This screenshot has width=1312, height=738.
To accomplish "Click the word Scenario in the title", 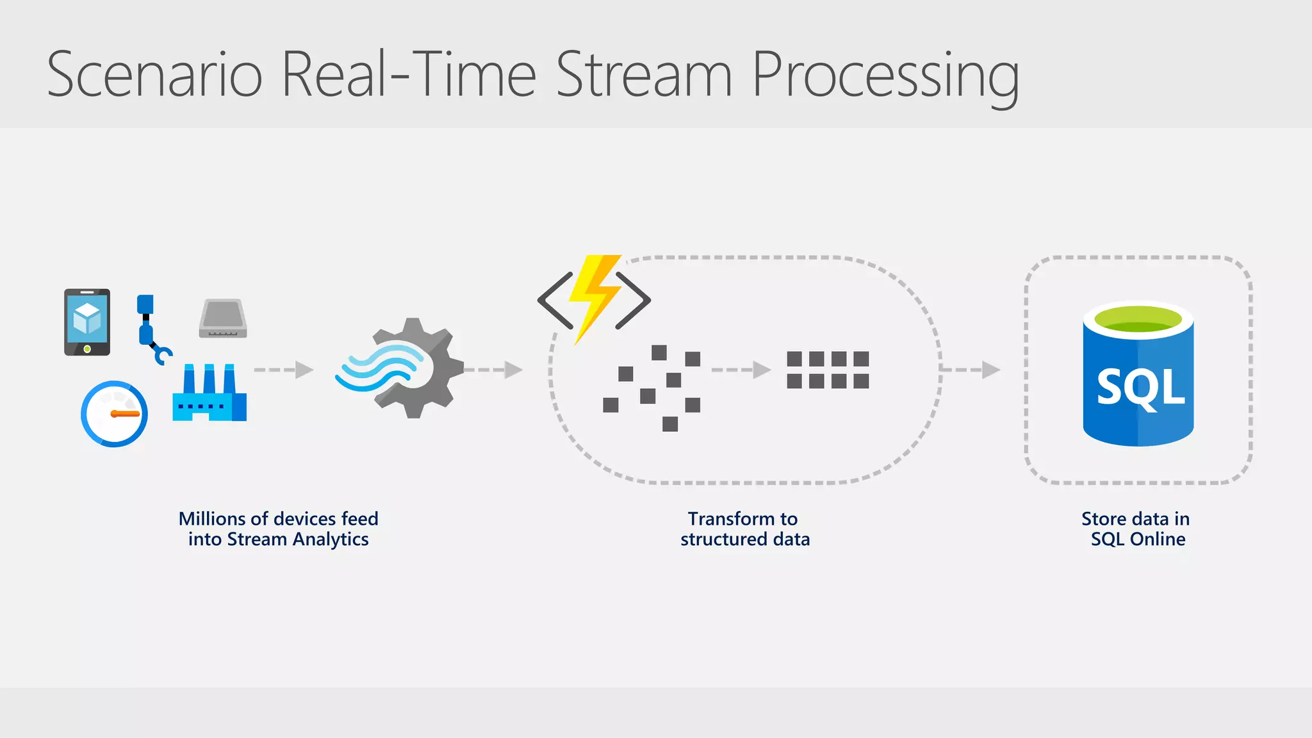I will click(x=154, y=75).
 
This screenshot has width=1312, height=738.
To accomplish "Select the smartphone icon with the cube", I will click(x=87, y=322).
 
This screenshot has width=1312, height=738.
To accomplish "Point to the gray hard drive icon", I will click(x=223, y=318).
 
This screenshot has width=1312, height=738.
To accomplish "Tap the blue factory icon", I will click(x=209, y=393).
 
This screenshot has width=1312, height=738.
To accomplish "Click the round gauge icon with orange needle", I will click(x=114, y=414).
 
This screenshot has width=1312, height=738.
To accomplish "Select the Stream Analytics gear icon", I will click(x=410, y=368).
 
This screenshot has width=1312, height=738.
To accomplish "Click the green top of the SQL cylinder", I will click(x=1138, y=318).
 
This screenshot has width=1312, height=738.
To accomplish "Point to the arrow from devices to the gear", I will click(x=283, y=370).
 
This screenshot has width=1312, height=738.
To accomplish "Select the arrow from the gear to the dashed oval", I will click(x=493, y=370).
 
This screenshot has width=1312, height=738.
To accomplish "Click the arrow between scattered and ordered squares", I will click(x=741, y=370).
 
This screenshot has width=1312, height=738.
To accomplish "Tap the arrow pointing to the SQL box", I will click(x=970, y=370).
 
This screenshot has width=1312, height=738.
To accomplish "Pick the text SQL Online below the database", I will click(x=1138, y=539).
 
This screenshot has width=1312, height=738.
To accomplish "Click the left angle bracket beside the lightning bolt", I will click(x=555, y=300).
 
